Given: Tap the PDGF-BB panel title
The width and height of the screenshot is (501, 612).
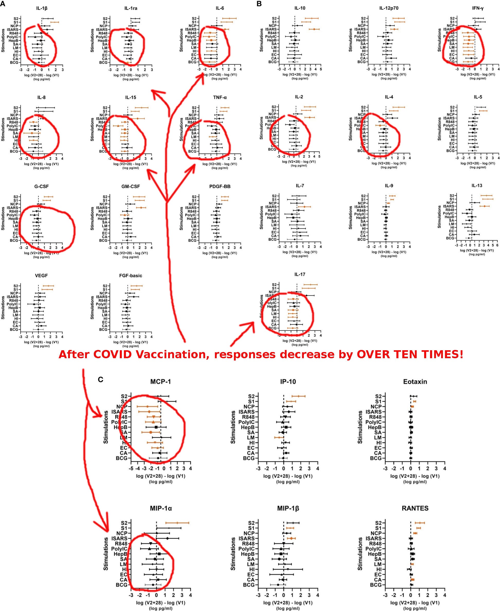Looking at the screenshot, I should click(220, 186).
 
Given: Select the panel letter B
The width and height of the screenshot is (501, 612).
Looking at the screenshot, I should click(259, 4).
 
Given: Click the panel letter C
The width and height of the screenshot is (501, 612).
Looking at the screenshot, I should click(101, 379).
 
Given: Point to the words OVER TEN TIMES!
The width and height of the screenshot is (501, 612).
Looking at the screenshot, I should click(410, 355).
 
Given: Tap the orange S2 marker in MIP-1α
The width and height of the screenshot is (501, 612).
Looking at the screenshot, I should click(177, 523).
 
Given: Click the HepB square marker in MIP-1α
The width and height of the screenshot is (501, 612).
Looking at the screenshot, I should click(159, 554).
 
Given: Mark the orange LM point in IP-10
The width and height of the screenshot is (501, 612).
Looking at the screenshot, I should click(279, 438).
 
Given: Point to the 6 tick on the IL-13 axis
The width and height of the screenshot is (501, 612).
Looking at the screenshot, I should click(497, 245).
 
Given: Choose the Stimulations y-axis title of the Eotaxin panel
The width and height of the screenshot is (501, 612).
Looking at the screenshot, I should click(360, 427).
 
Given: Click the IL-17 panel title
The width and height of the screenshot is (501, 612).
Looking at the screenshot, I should click(299, 274).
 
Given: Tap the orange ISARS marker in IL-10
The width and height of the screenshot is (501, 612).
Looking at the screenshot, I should click(314, 29).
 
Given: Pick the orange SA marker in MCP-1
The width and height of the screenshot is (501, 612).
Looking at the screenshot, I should click(151, 433).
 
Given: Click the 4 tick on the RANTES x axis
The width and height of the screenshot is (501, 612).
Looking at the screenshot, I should click(445, 595).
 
